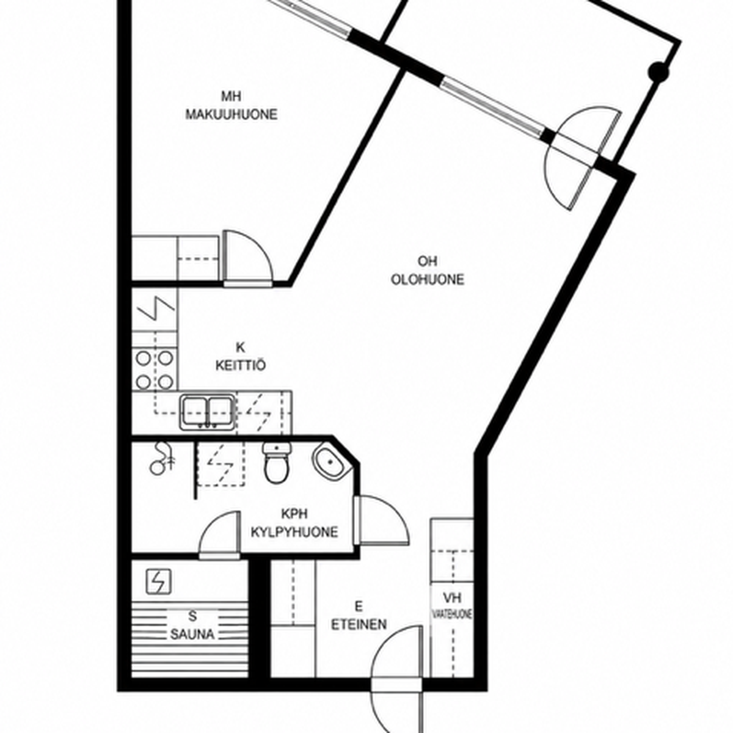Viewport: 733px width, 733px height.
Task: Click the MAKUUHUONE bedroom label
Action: (232, 114)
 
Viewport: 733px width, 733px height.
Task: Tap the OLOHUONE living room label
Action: (428, 280)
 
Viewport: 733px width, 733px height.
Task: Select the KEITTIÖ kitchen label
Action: (241, 365)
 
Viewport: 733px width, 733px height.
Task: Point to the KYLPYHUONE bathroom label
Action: (294, 532)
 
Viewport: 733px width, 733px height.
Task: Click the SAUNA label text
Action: (192, 634)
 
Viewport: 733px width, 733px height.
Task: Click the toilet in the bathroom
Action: (277, 462)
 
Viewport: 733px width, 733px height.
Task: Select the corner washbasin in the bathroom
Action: (331, 461)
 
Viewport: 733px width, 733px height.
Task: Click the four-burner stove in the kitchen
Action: (155, 370)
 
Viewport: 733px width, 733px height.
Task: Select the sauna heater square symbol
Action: (159, 582)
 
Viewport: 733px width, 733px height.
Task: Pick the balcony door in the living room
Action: (582, 158)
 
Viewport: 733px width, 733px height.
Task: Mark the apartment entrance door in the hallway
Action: (398, 681)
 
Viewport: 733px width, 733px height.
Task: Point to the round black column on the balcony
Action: (658, 71)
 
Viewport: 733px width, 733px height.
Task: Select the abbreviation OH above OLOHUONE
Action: (428, 261)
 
